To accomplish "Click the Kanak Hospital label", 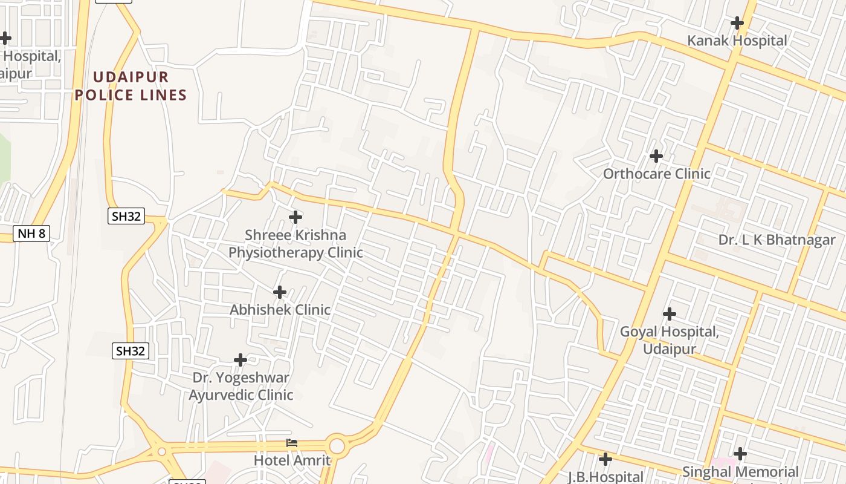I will [x=737, y=41].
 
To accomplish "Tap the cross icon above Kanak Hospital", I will [x=737, y=24].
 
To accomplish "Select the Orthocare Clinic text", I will [x=657, y=174].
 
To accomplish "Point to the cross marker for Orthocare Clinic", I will [x=656, y=156].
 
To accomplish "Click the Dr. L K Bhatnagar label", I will [x=777, y=240].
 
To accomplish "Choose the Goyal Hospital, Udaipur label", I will [x=670, y=341].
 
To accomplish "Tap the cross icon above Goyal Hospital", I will [x=670, y=314].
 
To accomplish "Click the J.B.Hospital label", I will [x=605, y=477].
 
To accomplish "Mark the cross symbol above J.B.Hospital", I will [x=605, y=459].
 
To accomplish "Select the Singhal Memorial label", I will [x=740, y=472].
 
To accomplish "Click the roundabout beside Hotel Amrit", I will [x=337, y=446].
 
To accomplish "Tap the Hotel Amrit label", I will [x=292, y=460].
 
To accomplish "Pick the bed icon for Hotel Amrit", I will [x=292, y=443].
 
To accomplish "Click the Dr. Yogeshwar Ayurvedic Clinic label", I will [x=241, y=386].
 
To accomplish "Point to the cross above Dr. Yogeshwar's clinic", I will [x=241, y=360].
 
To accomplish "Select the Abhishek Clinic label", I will [x=280, y=310].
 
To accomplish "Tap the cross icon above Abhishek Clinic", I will [x=280, y=292].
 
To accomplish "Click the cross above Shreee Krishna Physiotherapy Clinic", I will [x=295, y=217].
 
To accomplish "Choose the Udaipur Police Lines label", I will [x=131, y=86].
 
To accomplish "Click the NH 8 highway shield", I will [x=31, y=234].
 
